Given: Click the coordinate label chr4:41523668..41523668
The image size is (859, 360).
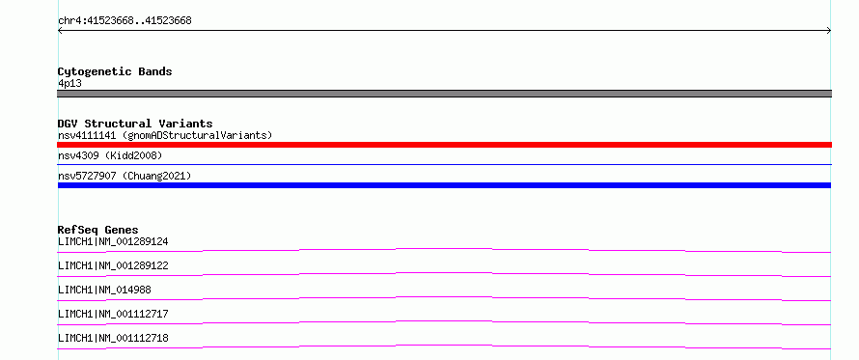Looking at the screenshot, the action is click(125, 21).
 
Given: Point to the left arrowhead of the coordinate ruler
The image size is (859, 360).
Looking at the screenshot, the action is click(59, 31).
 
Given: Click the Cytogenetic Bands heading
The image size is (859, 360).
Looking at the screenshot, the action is click(115, 71).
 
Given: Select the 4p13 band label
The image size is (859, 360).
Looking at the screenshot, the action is click(70, 83).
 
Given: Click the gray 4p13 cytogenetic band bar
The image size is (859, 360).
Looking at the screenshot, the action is click(444, 94).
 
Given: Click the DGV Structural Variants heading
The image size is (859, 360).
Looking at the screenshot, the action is click(135, 124).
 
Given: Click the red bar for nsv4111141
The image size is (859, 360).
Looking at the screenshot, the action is click(444, 145).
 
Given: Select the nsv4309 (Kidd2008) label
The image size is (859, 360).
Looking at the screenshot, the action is click(110, 155).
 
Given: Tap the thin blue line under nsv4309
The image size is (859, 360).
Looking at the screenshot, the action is click(444, 164).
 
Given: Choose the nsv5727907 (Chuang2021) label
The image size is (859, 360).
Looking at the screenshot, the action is click(125, 176).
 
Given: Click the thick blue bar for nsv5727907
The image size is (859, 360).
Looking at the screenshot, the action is click(444, 185).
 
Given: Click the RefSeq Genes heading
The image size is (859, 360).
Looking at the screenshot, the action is click(98, 230).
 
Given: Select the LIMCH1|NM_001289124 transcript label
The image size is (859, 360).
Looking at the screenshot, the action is click(113, 241).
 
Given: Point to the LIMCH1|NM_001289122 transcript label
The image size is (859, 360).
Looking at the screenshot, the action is click(113, 265).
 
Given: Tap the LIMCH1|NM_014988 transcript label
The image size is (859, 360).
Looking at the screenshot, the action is click(104, 290).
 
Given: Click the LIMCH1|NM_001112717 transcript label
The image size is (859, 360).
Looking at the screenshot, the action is click(113, 314).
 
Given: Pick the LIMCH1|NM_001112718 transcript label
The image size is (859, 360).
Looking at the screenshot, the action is click(113, 338).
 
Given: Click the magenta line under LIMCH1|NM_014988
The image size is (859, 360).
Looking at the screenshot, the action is click(444, 297).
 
